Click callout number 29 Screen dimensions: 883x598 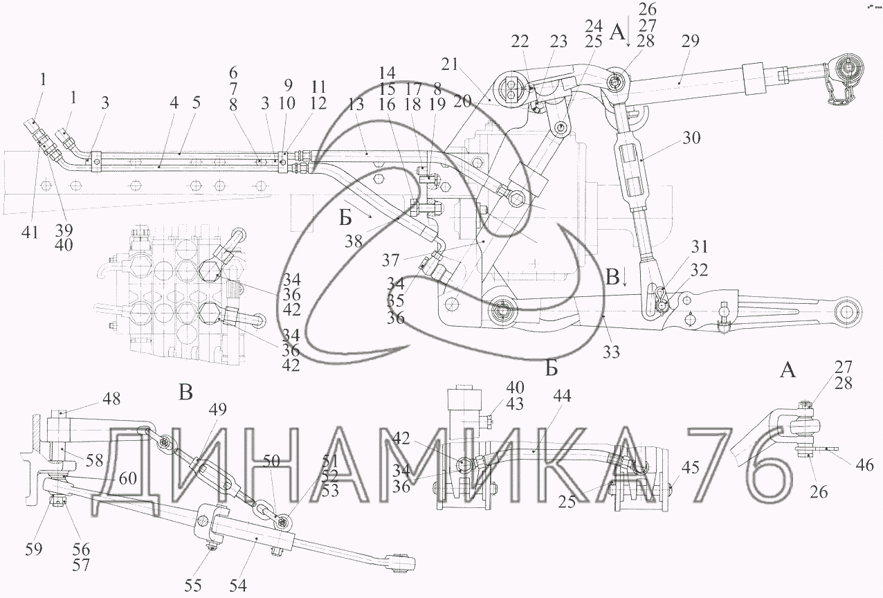690,41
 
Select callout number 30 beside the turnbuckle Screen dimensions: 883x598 691,138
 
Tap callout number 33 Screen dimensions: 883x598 612,352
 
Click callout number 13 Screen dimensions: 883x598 356,105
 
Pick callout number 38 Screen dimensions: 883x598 354,242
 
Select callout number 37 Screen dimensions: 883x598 391,260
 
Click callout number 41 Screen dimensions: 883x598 30,232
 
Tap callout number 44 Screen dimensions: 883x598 562,396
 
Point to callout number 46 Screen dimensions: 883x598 865,465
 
